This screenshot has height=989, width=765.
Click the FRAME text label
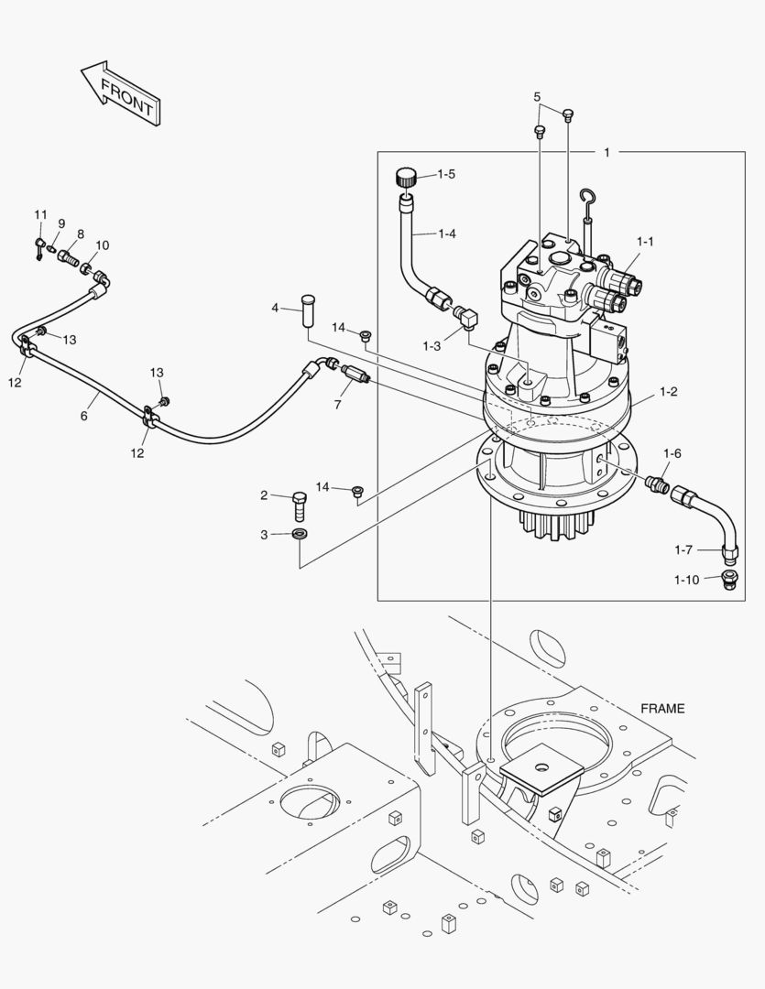[x=661, y=708]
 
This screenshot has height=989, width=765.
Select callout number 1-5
[x=445, y=174]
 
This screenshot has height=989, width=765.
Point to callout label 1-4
[x=445, y=234]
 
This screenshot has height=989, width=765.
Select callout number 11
[x=40, y=214]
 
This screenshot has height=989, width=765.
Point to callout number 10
[x=102, y=245]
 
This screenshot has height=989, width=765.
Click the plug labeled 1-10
[x=731, y=580]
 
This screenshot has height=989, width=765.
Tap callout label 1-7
[x=683, y=550]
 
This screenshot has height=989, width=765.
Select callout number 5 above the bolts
[x=537, y=96]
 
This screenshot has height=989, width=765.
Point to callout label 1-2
[x=668, y=392]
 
